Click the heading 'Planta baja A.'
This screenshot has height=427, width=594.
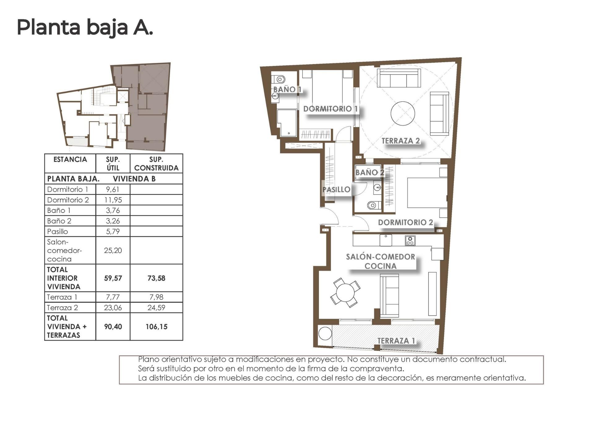click(x=85, y=27)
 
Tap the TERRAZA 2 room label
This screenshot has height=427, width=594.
click(x=400, y=141)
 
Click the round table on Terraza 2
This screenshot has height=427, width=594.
click(x=402, y=114)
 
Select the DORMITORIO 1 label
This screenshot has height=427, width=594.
click(x=330, y=109)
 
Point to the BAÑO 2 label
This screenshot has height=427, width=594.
click(x=369, y=172)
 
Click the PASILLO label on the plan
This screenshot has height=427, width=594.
click(x=336, y=189)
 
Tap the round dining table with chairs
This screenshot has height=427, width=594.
click(x=345, y=292)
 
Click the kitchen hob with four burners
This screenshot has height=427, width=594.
click(x=410, y=240)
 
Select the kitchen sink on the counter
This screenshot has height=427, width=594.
click(x=386, y=240)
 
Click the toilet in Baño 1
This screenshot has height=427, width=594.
click(x=280, y=79)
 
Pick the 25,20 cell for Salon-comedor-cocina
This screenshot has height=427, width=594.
click(x=113, y=250)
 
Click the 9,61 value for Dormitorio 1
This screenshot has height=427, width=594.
click(x=113, y=189)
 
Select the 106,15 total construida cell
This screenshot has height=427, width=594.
click(x=156, y=327)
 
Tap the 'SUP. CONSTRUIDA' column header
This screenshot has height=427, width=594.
click(x=156, y=164)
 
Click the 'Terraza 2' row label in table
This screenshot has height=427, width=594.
click(x=62, y=308)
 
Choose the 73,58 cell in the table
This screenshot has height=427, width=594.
click(x=156, y=278)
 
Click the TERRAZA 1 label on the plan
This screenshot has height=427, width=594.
click(x=396, y=341)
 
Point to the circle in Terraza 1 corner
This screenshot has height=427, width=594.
click(x=325, y=334)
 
